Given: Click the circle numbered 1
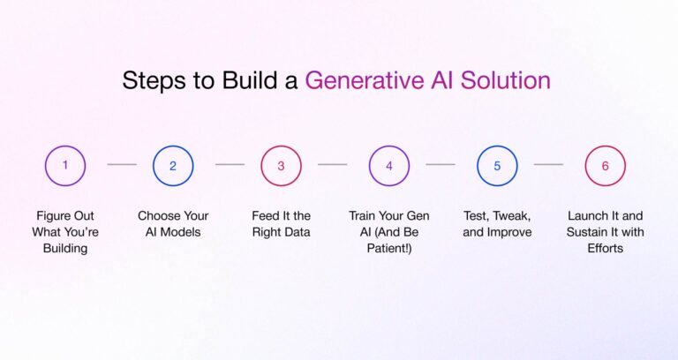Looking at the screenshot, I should pyautogui.click(x=65, y=165).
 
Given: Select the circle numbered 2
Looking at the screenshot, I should pyautogui.click(x=173, y=165).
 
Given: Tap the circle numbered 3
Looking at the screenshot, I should pyautogui.click(x=281, y=165).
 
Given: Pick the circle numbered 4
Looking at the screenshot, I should pyautogui.click(x=389, y=165).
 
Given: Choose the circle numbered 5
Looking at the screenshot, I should pyautogui.click(x=497, y=165).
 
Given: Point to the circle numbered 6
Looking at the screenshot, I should pyautogui.click(x=606, y=165).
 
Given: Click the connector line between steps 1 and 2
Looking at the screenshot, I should pyautogui.click(x=122, y=164).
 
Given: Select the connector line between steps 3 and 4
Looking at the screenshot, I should pyautogui.click(x=333, y=164).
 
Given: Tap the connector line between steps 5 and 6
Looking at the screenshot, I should pyautogui.click(x=548, y=164).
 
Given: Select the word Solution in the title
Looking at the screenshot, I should pyautogui.click(x=508, y=81).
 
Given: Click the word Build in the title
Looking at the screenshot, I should pyautogui.click(x=248, y=81).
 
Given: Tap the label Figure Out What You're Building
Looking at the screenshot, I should pyautogui.click(x=65, y=232).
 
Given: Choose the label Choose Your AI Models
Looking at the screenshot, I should pyautogui.click(x=173, y=223).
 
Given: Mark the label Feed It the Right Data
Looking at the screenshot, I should pyautogui.click(x=281, y=223).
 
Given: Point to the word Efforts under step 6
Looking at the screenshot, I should pyautogui.click(x=606, y=249).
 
